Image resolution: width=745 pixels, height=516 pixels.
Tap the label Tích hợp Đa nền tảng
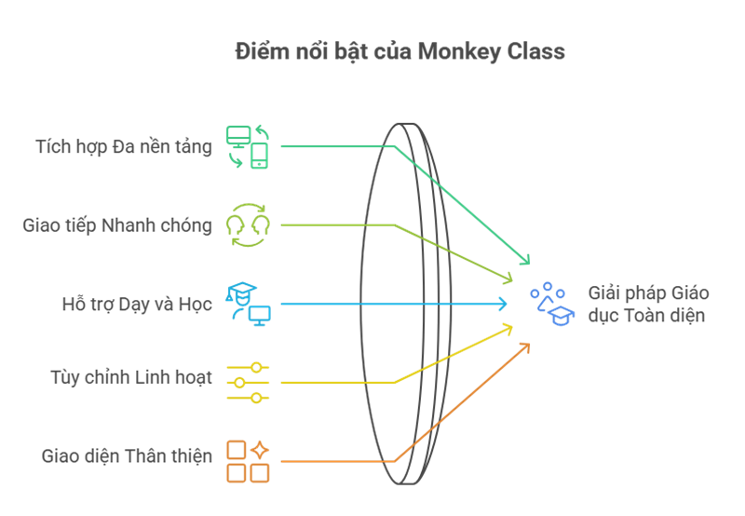click(x=123, y=146)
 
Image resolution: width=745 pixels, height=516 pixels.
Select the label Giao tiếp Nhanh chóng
click(x=117, y=225)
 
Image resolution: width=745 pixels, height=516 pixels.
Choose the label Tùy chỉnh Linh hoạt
click(x=131, y=378)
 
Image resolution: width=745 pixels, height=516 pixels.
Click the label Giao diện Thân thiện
click(x=127, y=456)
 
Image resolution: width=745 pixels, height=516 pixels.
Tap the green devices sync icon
click(x=248, y=146)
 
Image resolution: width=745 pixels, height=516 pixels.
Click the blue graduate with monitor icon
click(x=249, y=303)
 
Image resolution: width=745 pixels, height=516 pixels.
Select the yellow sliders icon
click(x=248, y=382)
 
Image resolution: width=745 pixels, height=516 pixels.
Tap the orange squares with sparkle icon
click(x=248, y=461)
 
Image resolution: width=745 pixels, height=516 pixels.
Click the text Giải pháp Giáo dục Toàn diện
click(x=648, y=305)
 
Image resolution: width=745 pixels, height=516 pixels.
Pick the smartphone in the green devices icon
click(x=259, y=156)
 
